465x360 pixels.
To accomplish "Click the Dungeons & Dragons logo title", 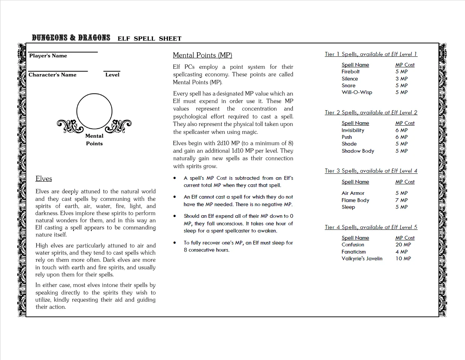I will click(71, 38).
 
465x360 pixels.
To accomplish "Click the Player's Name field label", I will click(48, 56).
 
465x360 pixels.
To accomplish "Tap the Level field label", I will click(112, 75).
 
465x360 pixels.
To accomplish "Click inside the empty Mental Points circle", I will click(94, 112).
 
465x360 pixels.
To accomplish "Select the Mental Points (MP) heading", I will click(202, 55).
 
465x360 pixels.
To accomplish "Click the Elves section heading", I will click(44, 179).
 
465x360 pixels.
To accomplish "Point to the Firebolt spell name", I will click(350, 71).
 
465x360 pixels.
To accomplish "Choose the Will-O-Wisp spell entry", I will click(357, 92).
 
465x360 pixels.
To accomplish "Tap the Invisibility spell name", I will click(353, 130).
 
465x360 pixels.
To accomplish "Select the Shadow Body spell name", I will click(357, 151).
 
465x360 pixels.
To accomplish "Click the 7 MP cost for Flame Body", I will click(401, 200).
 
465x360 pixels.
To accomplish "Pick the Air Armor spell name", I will click(353, 193).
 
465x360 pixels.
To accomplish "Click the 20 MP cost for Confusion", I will click(403, 245).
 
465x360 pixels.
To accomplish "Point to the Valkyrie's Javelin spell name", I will click(362, 258).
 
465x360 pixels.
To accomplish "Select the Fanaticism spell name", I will click(353, 252).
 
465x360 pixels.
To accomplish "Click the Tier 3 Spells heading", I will click(371, 171).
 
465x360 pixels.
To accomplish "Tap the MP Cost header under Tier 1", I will click(404, 65).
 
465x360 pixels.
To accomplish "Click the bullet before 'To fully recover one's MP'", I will click(175, 243).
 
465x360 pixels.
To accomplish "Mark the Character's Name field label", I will click(52, 75).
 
